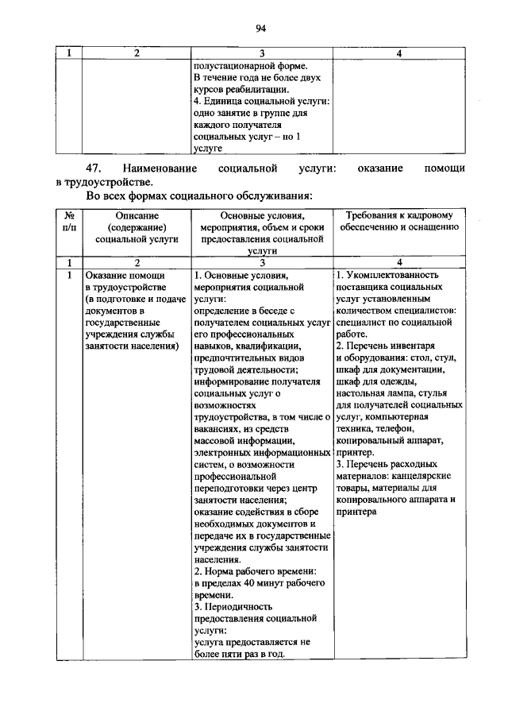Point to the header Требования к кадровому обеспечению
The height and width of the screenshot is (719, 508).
pos(400,221)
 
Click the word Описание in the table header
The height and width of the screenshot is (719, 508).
pos(137,215)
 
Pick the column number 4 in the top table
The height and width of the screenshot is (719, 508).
pos(399,53)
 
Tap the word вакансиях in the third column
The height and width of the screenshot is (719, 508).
pos(217,427)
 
